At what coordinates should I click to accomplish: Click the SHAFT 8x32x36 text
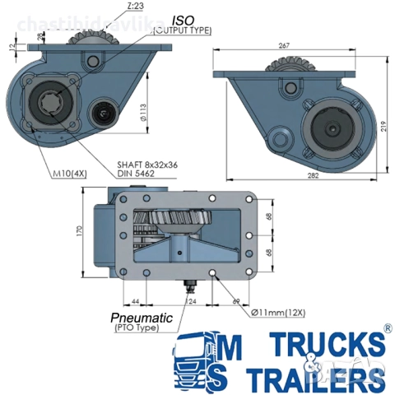pos(148,165)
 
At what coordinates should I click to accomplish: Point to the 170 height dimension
pos(80,232)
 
